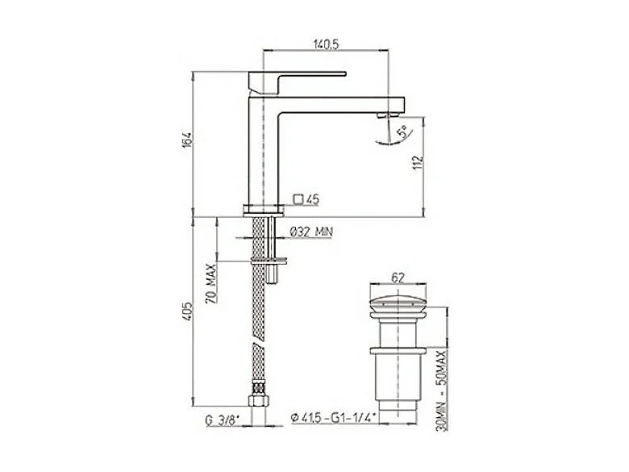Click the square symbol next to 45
point(298,198)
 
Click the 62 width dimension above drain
point(397,276)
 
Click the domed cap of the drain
point(397,307)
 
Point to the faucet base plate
point(264,211)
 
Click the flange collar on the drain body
point(397,351)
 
